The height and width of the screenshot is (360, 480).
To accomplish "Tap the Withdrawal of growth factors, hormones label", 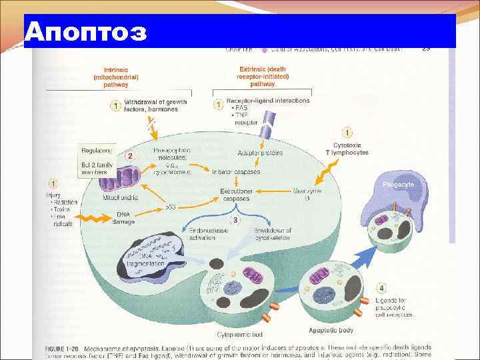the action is coord(156,105).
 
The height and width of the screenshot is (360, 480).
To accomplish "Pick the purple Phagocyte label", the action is coord(399,183).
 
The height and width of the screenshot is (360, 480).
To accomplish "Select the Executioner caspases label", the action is coord(236,195).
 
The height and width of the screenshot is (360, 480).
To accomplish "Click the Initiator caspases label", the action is coord(236,172).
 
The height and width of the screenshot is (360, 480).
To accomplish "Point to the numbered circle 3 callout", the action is coord(234,220).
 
